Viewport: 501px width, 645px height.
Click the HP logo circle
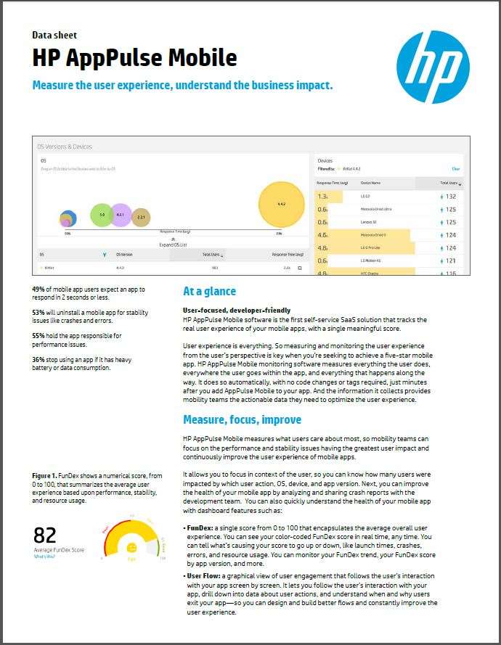pos(433,67)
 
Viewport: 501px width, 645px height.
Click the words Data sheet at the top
pos(54,35)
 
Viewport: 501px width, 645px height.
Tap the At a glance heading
pos(209,292)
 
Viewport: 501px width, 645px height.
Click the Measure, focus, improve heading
pos(242,419)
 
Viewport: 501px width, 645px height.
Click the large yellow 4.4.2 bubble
pos(281,204)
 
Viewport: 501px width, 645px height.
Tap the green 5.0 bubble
pos(102,215)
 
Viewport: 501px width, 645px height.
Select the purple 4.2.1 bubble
pos(121,215)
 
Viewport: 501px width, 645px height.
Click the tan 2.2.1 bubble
pos(141,217)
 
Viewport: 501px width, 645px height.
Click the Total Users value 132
pos(451,196)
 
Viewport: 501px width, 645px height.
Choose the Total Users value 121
pos(451,260)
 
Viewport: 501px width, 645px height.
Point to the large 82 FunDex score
pos(45,535)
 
